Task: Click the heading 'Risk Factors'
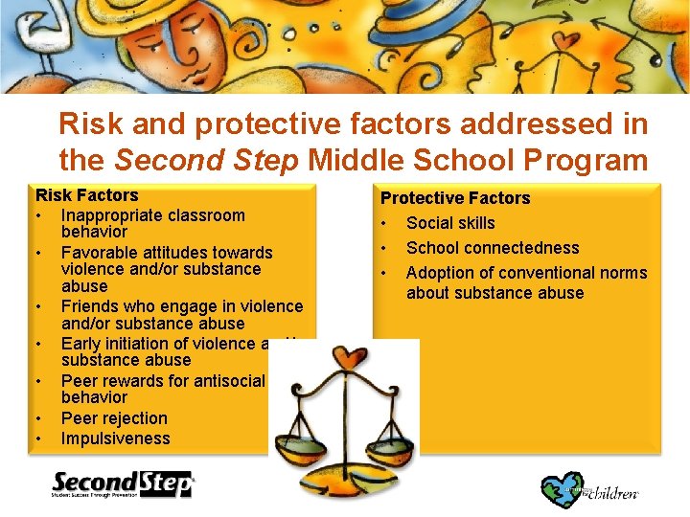[x=86, y=195]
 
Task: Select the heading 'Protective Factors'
[x=455, y=198]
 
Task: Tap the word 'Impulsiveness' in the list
[x=115, y=438]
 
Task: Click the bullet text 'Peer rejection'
[x=113, y=418]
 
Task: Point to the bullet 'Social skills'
[x=450, y=223]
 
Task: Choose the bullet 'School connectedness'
[x=492, y=248]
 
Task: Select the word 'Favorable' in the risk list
[x=99, y=253]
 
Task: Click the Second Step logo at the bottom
[x=122, y=484]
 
